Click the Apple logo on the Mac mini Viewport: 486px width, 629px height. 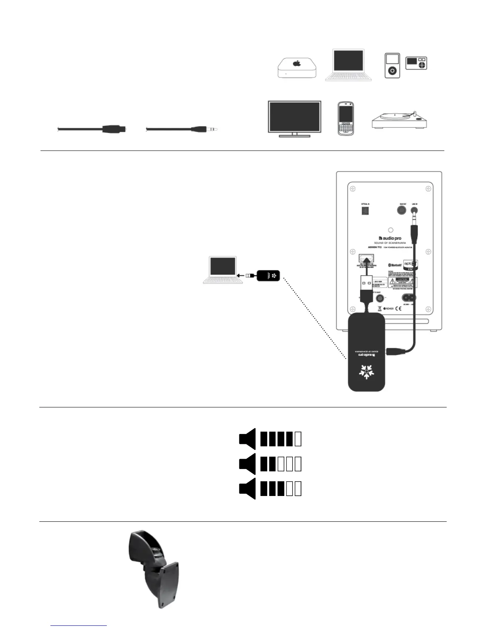pyautogui.click(x=296, y=64)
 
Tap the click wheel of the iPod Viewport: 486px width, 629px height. pyautogui.click(x=392, y=71)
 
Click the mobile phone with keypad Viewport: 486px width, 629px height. pyautogui.click(x=345, y=118)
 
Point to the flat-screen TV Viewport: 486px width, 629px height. pyautogui.click(x=295, y=118)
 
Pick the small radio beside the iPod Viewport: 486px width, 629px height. pyautogui.click(x=416, y=63)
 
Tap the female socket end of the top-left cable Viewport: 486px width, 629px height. pyautogui.click(x=115, y=129)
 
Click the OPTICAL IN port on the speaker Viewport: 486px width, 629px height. pyautogui.click(x=365, y=211)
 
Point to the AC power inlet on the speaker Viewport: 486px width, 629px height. pyautogui.click(x=410, y=297)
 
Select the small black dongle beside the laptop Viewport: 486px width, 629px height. pyautogui.click(x=269, y=275)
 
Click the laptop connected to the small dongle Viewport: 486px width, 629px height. pyautogui.click(x=223, y=270)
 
